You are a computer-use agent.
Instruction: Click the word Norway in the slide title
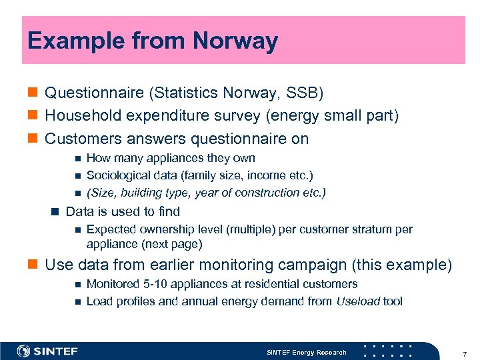point(235,41)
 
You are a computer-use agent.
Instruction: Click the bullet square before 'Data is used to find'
point(55,212)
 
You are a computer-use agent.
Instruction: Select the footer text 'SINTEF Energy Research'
point(307,352)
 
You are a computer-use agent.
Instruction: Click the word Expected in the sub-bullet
point(110,229)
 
